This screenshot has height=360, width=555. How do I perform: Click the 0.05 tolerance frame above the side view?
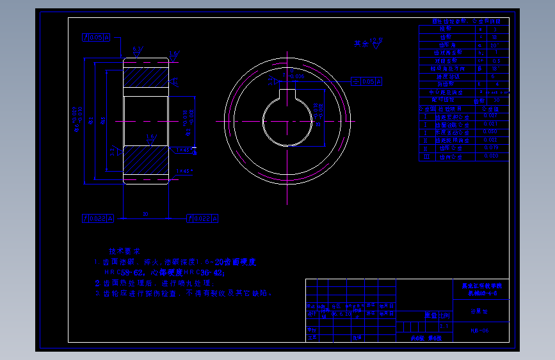(x=97, y=38)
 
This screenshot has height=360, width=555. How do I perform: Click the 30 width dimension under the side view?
(x=146, y=214)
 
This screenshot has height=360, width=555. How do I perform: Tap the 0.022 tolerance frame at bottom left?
(x=97, y=218)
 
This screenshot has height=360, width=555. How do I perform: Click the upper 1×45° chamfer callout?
(x=182, y=150)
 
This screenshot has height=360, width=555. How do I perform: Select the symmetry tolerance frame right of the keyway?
(x=367, y=82)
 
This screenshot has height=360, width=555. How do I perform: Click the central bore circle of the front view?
(x=287, y=120)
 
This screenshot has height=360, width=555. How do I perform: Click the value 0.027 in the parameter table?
(x=491, y=116)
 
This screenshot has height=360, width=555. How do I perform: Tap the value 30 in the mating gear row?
(x=495, y=100)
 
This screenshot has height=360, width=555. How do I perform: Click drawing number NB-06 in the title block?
(x=479, y=331)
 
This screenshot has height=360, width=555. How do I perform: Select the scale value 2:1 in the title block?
(x=444, y=326)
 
